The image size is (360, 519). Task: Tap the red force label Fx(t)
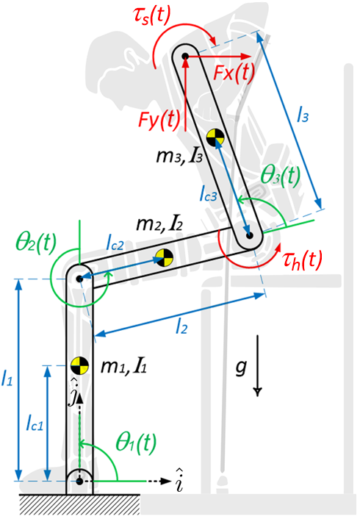(x=233, y=72)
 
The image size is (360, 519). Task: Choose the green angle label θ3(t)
(x=281, y=175)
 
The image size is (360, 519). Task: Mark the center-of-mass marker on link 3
(x=215, y=137)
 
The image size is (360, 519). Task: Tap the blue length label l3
(x=303, y=115)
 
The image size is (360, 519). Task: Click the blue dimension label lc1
(x=32, y=424)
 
